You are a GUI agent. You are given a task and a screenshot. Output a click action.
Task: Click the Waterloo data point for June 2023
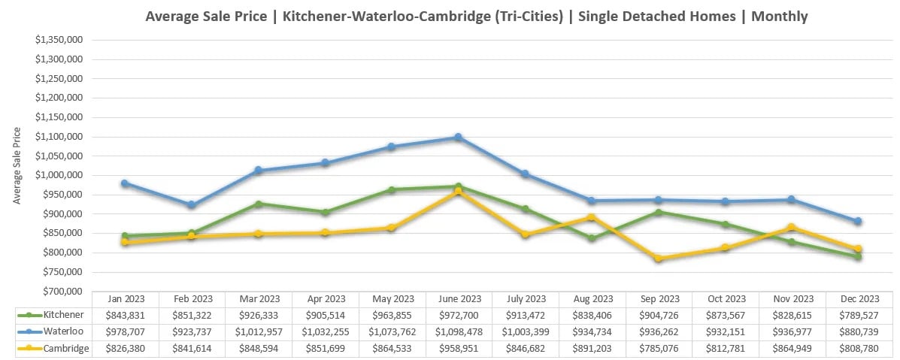[x=458, y=138]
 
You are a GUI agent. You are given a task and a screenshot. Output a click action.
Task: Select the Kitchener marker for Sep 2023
[x=659, y=213]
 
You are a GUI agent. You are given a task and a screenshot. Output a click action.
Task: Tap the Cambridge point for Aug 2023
[x=592, y=218]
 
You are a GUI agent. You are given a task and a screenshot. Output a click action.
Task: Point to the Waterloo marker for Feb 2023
[x=191, y=205]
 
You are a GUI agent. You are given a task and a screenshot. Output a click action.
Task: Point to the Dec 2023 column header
[x=859, y=298]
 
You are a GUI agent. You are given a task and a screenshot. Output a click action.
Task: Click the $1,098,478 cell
[x=459, y=331]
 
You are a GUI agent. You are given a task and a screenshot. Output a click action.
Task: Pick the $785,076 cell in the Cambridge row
[x=659, y=349]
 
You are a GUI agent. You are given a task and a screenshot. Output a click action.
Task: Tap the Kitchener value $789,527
[x=859, y=314]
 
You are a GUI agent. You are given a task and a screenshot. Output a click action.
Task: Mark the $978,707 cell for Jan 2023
[x=125, y=331]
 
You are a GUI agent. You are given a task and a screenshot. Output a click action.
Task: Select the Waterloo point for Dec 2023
[x=858, y=221]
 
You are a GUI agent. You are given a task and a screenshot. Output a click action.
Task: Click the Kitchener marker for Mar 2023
[x=258, y=204]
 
